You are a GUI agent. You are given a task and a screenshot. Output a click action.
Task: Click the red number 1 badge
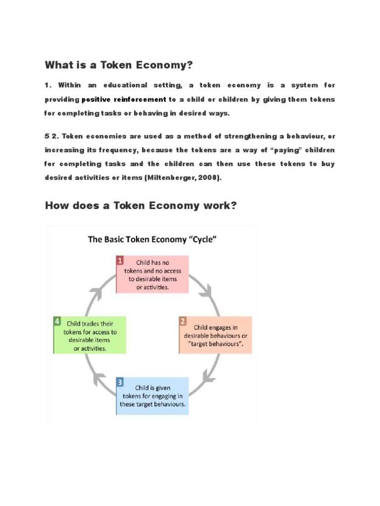coord(120,259)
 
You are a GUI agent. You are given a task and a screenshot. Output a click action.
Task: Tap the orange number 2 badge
coord(183,321)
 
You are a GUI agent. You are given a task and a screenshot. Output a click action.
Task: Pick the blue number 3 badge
coord(120,381)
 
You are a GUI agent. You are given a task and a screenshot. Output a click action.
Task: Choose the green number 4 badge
coord(57,321)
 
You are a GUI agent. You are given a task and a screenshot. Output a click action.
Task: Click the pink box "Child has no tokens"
coord(152,274)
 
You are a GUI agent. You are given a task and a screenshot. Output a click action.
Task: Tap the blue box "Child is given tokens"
coord(153,395)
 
